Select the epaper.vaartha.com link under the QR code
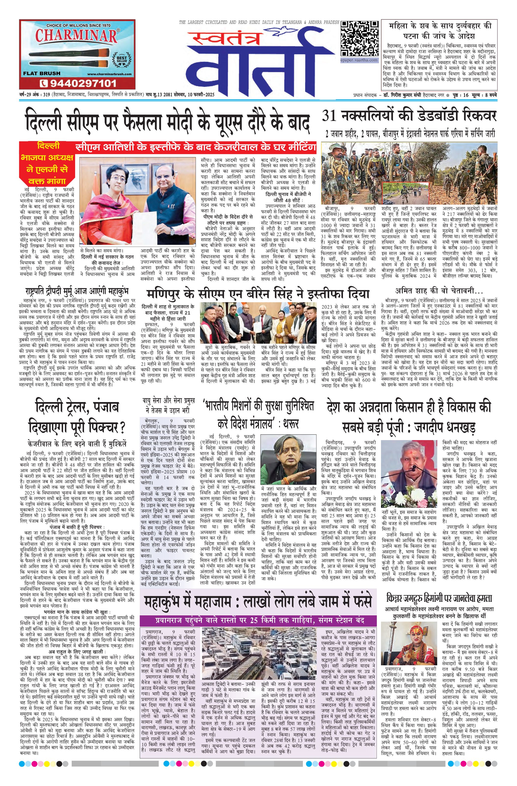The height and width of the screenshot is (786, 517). click(359, 60)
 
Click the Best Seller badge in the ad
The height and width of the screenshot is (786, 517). click(120, 60)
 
